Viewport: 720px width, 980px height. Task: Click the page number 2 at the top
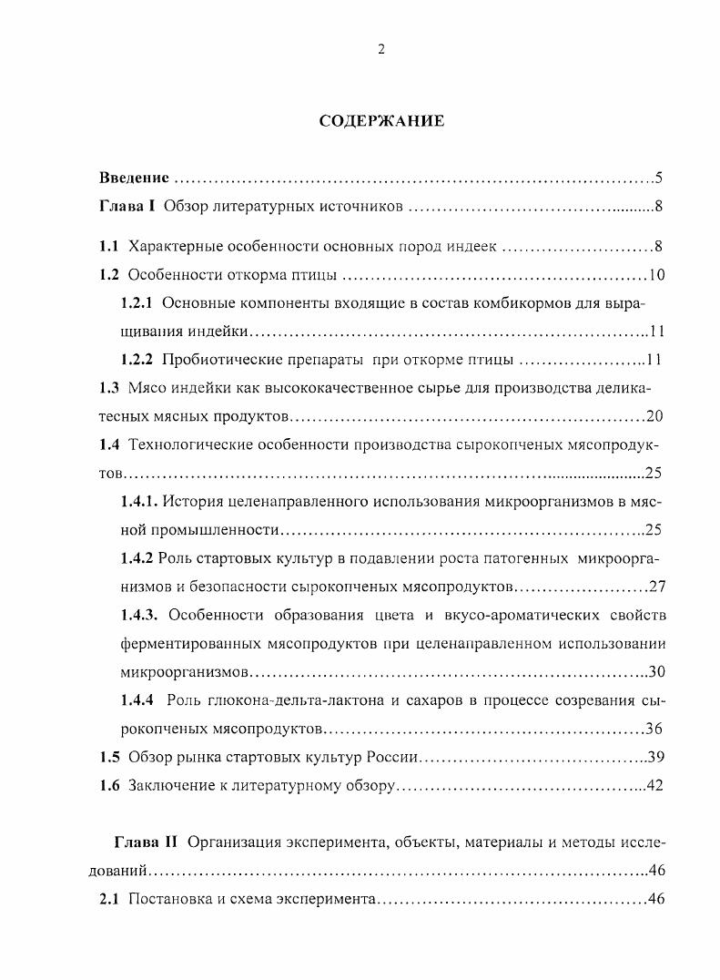coord(381,50)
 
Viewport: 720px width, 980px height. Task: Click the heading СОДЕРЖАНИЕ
coord(381,121)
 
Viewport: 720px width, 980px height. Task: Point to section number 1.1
coord(109,247)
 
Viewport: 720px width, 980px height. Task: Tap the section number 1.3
coord(109,388)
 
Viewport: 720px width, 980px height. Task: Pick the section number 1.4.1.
coord(141,502)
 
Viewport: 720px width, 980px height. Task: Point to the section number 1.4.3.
coord(141,615)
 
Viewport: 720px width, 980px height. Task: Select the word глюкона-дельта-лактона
coord(278,700)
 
